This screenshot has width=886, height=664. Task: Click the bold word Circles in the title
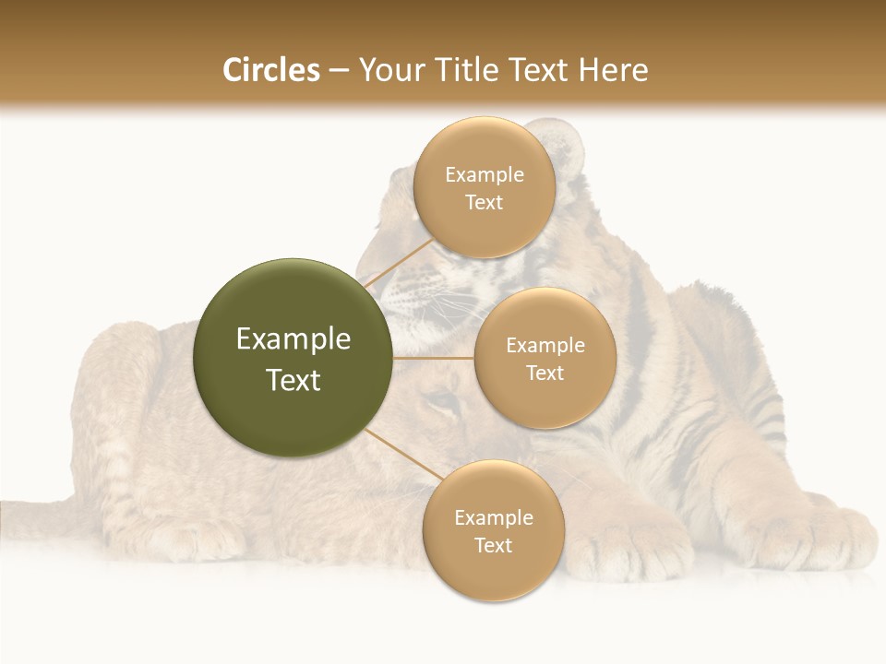tap(270, 70)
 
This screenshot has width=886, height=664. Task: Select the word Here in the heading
tap(613, 70)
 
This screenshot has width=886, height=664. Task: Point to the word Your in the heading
tap(389, 70)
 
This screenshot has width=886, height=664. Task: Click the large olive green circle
tap(293, 358)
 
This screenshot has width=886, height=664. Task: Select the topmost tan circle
tap(484, 187)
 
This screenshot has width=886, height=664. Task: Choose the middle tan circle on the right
tap(545, 358)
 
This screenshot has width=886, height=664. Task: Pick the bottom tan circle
tap(493, 530)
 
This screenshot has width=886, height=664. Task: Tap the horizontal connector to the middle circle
tap(433, 358)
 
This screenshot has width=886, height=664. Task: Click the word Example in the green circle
tap(293, 339)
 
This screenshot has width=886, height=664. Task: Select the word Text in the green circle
tap(293, 380)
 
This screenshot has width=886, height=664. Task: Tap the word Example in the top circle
tap(484, 174)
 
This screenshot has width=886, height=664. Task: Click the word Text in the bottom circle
tap(493, 545)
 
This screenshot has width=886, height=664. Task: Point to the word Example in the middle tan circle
tap(545, 345)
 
